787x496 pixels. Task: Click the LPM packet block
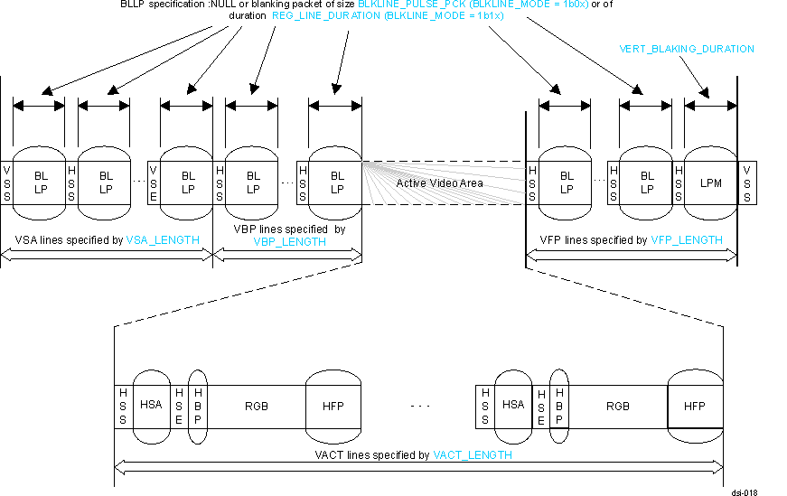coord(710,182)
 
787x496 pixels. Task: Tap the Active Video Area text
coord(439,183)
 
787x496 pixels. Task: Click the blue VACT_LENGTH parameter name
coord(472,455)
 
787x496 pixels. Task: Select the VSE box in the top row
coord(154,182)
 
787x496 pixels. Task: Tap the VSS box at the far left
coord(7,182)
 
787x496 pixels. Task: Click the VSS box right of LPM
coord(746,182)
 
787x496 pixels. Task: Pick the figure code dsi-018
coord(745,492)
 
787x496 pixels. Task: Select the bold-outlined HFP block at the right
coord(694,406)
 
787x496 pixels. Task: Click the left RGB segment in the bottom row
coord(256,406)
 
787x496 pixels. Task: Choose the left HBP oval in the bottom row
coord(197,406)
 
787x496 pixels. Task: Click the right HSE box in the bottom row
coord(540,406)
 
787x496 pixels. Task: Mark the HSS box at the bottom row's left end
coord(123,406)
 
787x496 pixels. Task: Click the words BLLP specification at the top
coord(159,5)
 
